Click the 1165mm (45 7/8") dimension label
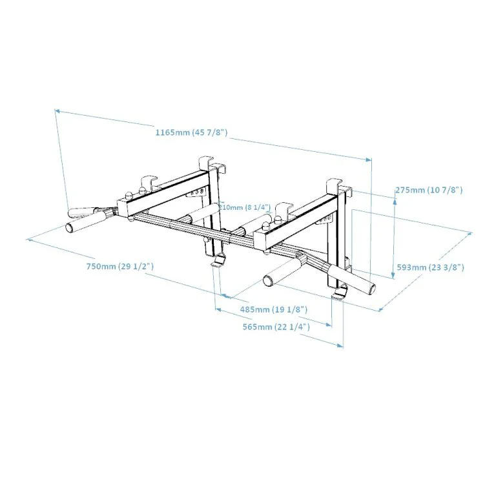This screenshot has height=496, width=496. [191, 132]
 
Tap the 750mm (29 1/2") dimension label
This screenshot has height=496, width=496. [120, 266]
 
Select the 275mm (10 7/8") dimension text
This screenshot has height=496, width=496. [429, 190]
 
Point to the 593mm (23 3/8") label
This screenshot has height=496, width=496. [431, 267]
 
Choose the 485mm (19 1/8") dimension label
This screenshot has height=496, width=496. [274, 309]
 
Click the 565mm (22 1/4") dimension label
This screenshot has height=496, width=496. [276, 326]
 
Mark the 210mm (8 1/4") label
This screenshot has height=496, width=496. [245, 207]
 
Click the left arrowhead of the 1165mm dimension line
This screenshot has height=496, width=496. [57, 110]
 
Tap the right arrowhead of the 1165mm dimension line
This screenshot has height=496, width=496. [369, 160]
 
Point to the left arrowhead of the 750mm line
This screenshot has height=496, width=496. [29, 240]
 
